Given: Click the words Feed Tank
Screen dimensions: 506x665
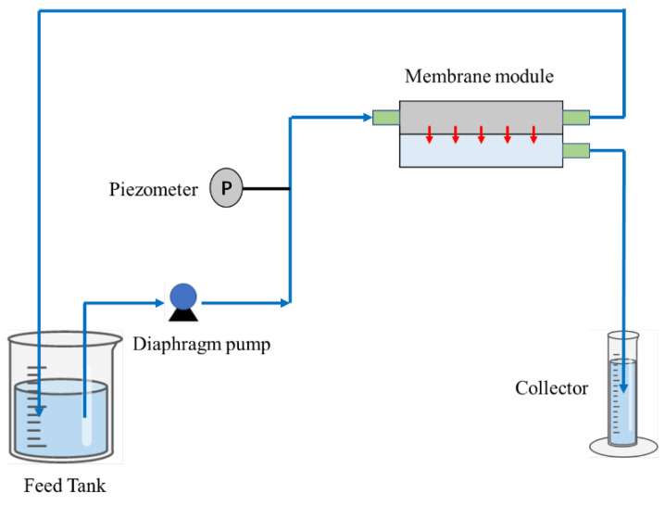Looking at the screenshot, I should click(65, 486).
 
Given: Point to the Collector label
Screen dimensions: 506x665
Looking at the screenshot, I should click(551, 387).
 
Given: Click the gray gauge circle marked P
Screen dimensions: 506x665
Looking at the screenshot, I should click(227, 189).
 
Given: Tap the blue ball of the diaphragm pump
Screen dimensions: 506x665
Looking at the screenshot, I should click(182, 296).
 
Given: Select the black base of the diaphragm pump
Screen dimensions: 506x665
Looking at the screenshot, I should click(182, 313).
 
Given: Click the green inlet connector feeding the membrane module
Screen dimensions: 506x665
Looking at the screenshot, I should click(385, 118).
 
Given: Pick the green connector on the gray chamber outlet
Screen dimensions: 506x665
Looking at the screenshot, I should click(575, 118).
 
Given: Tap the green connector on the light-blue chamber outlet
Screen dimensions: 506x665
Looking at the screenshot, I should click(575, 149).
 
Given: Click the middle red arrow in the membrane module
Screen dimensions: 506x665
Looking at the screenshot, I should click(481, 135).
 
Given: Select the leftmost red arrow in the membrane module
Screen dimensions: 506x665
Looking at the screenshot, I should click(430, 135).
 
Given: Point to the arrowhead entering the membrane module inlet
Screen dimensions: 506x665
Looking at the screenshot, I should click(366, 118).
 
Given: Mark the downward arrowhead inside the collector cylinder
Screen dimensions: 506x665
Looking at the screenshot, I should click(623, 390).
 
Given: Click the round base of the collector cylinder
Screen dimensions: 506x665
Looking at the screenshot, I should click(622, 446).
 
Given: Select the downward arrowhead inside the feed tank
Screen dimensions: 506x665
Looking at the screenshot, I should click(40, 409).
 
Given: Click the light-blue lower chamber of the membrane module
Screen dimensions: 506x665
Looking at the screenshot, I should click(481, 154).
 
